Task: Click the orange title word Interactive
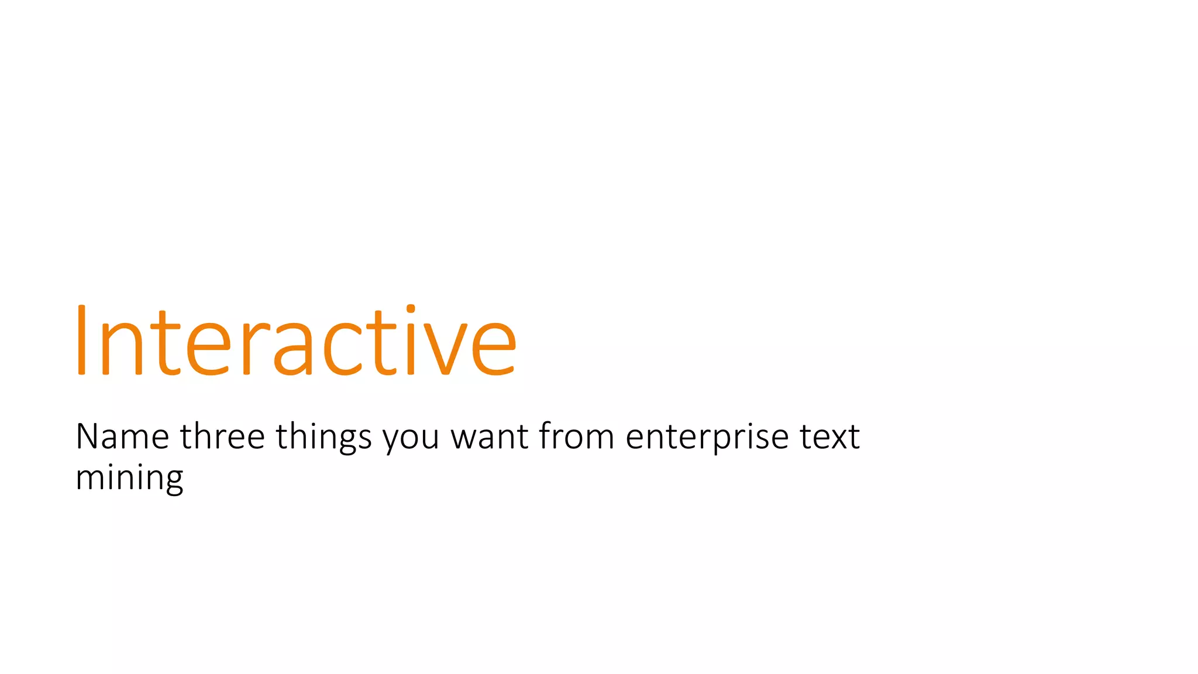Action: (x=295, y=342)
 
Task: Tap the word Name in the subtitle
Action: (x=122, y=436)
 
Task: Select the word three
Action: (x=222, y=436)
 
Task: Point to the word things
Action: (x=323, y=438)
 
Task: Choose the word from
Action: (x=576, y=436)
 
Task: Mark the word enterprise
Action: (x=707, y=438)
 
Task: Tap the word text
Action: (x=829, y=438)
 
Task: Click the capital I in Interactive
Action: (x=81, y=341)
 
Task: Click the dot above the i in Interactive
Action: (x=411, y=309)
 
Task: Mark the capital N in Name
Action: (x=89, y=436)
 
